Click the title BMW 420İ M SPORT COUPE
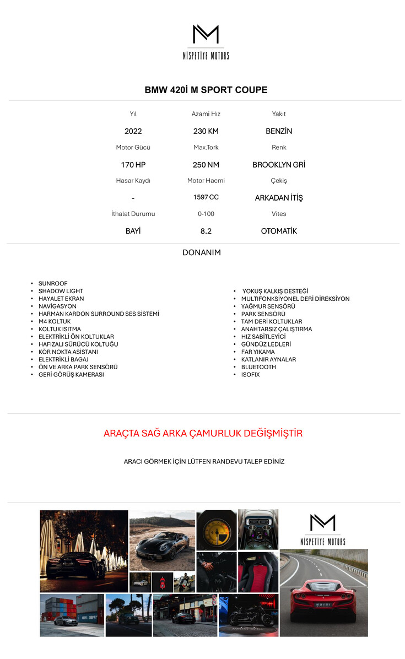[206, 90]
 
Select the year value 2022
[133, 131]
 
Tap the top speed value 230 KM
[206, 131]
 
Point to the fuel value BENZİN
[279, 131]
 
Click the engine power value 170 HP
[133, 165]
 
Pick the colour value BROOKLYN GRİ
[279, 165]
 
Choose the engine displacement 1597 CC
[206, 197]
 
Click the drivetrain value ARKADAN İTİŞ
[279, 198]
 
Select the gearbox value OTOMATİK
[279, 231]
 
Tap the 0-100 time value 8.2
[206, 231]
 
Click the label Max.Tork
[206, 148]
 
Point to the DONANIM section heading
[202, 253]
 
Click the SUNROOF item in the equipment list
[53, 284]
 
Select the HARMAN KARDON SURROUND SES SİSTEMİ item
[99, 314]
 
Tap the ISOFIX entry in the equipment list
[250, 375]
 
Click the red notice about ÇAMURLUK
[203, 434]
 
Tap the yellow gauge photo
[217, 530]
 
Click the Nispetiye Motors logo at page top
[206, 42]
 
